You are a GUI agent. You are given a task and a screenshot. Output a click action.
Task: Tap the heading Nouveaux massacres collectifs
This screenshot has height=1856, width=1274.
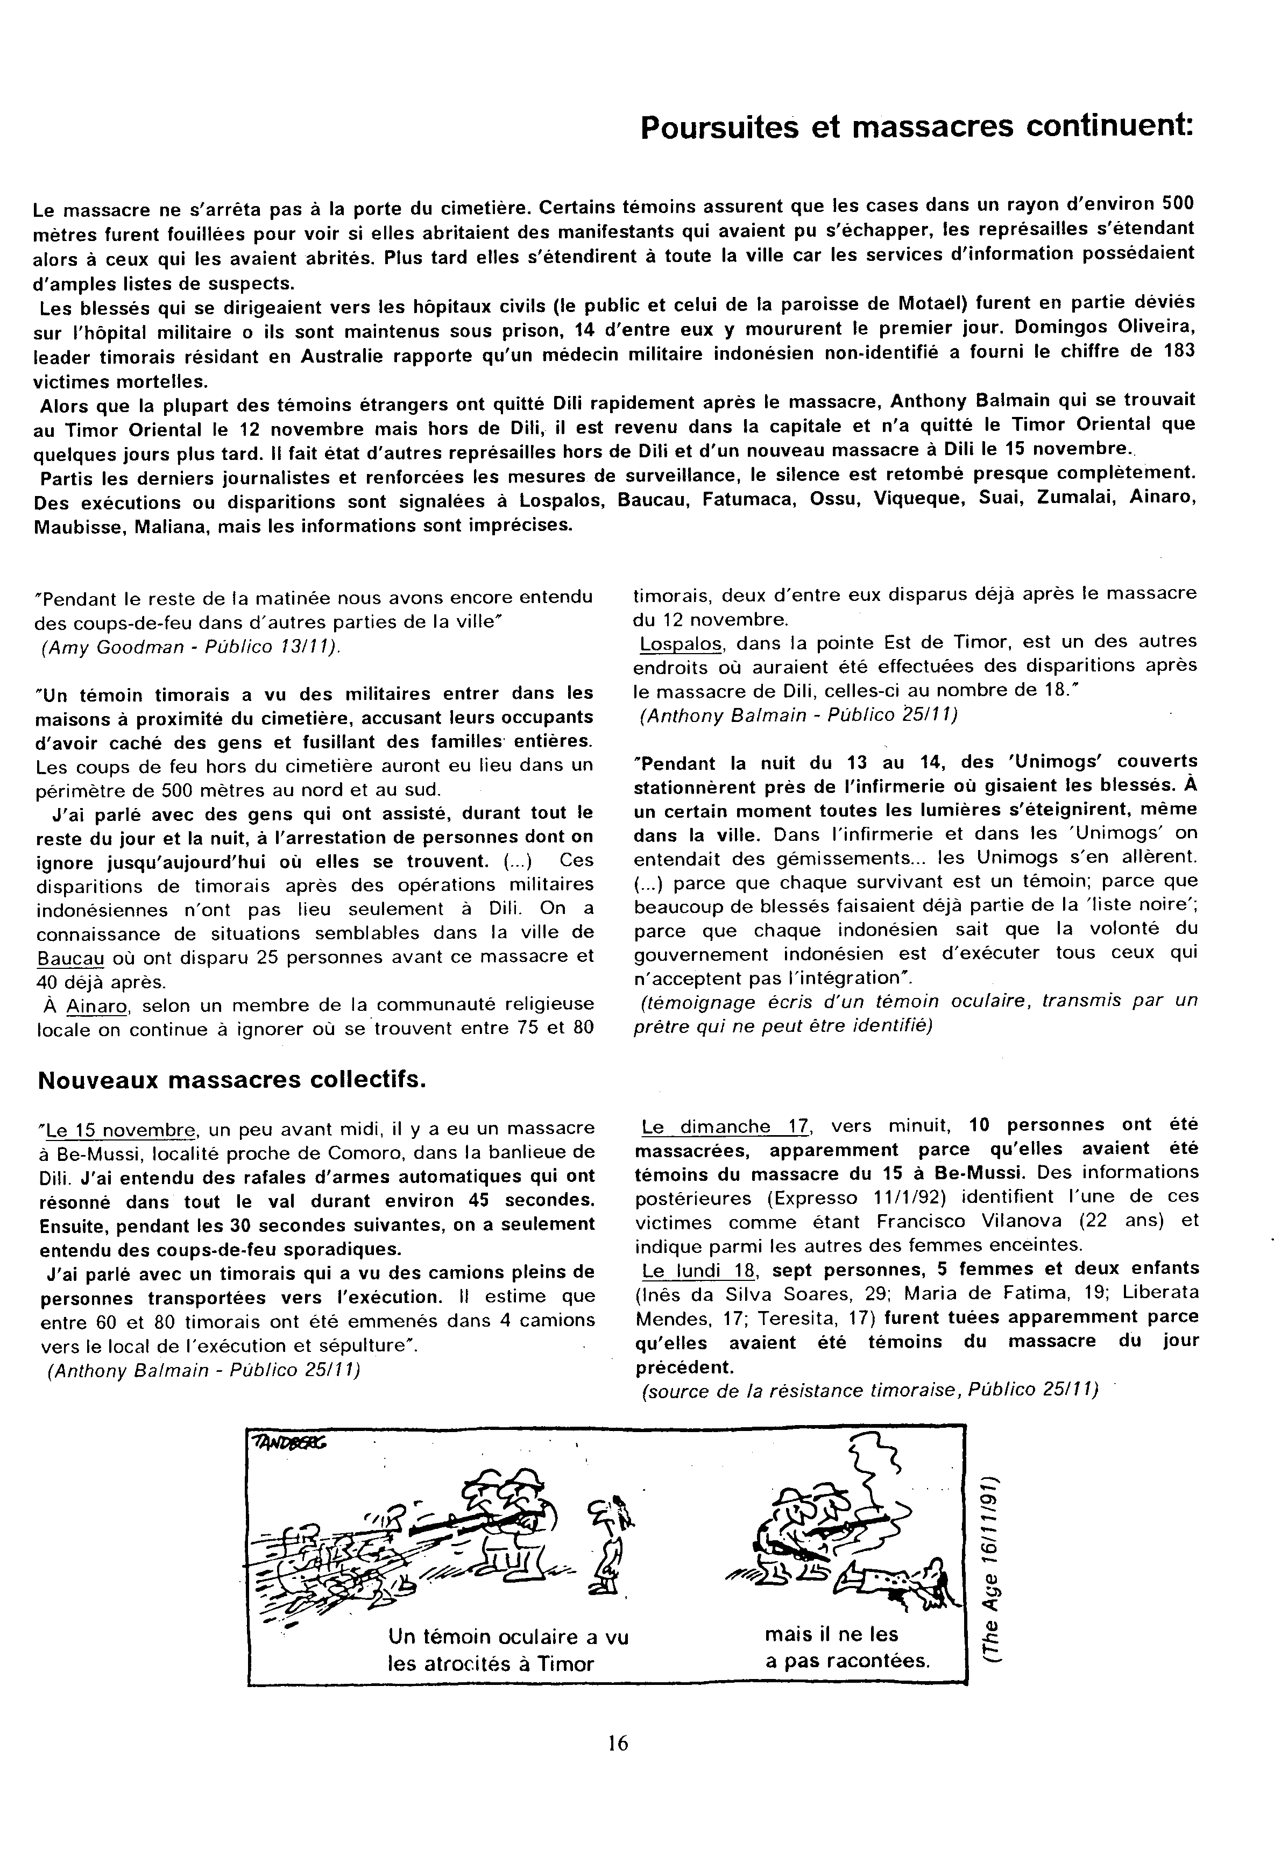[x=232, y=1080]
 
